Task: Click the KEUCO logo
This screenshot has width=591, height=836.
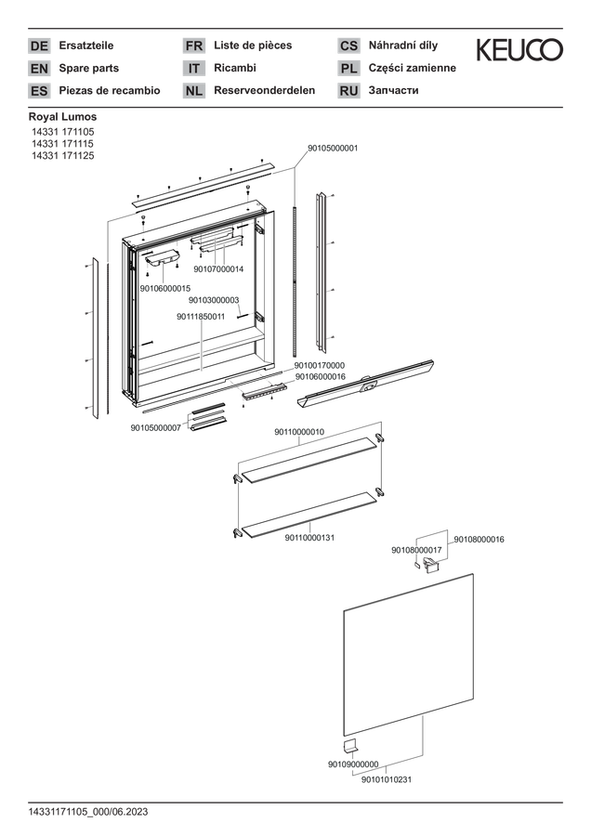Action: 519,49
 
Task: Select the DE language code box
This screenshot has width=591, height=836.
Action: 39,46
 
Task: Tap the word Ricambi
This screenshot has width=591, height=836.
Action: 235,68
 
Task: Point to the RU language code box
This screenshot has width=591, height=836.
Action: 348,91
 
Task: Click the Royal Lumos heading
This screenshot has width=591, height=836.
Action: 62,117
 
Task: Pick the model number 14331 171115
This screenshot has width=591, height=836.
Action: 62,143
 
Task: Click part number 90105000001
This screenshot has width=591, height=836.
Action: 333,149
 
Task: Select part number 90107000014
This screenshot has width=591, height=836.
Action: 218,269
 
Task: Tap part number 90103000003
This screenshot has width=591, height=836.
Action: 214,300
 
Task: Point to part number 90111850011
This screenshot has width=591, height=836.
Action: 201,317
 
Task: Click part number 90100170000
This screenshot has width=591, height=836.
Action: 320,365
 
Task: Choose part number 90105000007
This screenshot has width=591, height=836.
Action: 156,427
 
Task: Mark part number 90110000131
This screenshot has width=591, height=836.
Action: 309,538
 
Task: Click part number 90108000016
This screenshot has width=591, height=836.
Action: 479,539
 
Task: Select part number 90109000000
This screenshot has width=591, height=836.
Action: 353,764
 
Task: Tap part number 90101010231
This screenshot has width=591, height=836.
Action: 387,779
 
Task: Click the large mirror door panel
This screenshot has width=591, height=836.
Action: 409,654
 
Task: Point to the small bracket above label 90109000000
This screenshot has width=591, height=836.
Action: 350,746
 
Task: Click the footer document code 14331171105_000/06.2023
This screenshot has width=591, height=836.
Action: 88,812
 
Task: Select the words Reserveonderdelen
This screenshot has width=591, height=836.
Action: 265,90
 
